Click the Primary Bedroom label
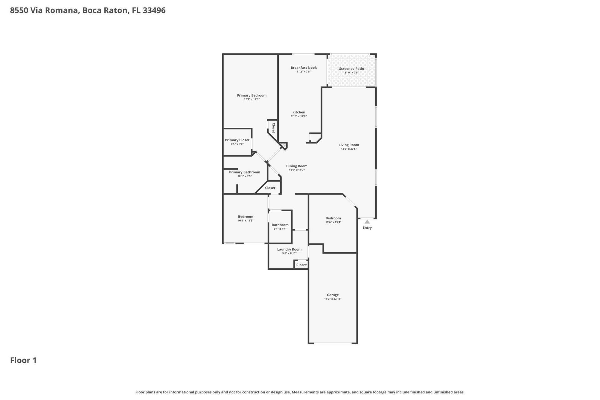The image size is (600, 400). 252,95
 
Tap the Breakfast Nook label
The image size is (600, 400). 303,67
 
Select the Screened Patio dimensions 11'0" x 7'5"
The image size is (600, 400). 351,72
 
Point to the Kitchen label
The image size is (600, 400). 298,112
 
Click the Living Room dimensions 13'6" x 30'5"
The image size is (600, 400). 349,149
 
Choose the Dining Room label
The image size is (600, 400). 297,166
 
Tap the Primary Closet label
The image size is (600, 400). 237,140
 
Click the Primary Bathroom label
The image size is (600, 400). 244,172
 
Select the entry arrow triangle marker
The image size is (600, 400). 367,222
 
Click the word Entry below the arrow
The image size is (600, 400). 367,228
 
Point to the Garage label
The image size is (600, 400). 332,295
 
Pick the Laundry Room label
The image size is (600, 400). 289,249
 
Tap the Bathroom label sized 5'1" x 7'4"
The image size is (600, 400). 280,225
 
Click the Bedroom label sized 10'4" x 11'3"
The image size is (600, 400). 245,217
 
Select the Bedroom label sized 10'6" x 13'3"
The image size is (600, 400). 333,218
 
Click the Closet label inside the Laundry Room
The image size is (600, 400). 301,265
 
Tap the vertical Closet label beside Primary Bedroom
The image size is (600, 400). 273,128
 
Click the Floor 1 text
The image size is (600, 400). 23,360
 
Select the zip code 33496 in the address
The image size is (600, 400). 154,10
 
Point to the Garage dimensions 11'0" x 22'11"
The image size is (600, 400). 332,299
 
